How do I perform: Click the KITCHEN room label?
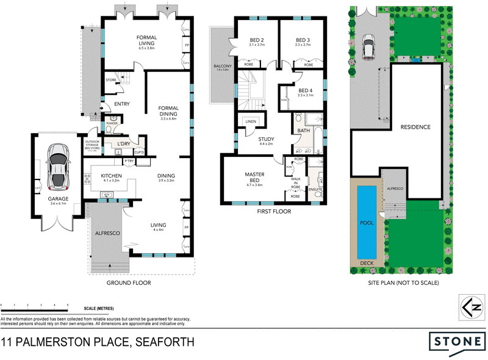(x=112, y=176)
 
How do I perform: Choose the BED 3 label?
(x=304, y=39)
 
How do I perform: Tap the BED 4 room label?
(x=304, y=90)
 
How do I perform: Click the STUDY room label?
(x=267, y=139)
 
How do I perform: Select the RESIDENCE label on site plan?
(x=415, y=127)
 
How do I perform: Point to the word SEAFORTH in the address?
(x=165, y=342)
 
